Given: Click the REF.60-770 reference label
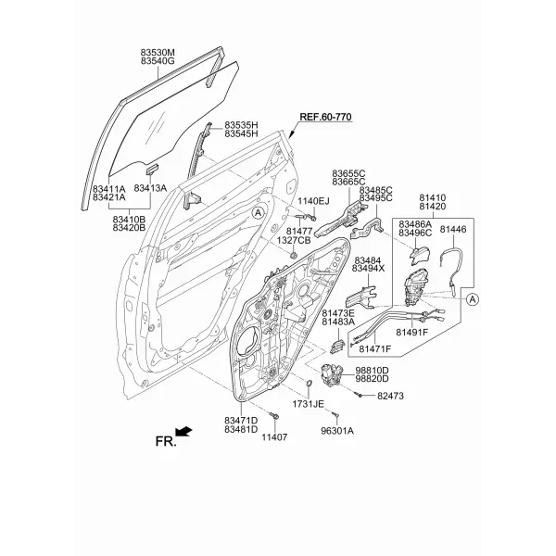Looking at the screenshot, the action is tap(325, 117).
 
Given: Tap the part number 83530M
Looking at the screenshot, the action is tap(158, 53).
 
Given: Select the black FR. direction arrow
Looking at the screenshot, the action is tap(184, 431).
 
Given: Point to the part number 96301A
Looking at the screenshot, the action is tap(337, 431).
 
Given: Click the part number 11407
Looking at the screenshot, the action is tap(274, 437).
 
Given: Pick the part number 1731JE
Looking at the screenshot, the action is tap(308, 404).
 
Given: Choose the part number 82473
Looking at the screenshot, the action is tap(390, 396).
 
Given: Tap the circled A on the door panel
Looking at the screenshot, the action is tap(259, 213).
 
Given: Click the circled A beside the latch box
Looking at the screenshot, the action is tap(472, 299).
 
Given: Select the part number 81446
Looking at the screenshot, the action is tap(453, 230).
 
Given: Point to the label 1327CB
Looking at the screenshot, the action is tap(294, 240).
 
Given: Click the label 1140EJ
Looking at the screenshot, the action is tap(313, 201).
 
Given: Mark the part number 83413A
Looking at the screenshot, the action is tap(150, 188).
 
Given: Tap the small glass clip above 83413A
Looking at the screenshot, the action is tap(153, 170).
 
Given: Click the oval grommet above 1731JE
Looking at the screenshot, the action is tap(309, 383).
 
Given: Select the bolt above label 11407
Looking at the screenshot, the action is tap(274, 415).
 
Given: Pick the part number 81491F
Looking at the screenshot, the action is tap(412, 333).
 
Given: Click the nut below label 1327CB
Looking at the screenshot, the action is tap(293, 255).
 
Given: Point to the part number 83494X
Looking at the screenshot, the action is tap(368, 269).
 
